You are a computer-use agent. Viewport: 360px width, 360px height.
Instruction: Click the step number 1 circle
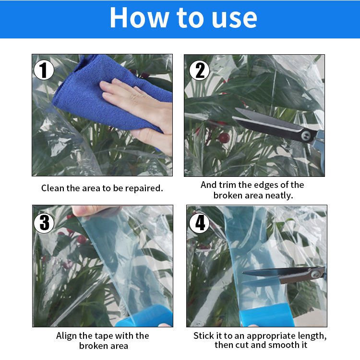point(44,70)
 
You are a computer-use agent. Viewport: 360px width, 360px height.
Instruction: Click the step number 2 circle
point(199,70)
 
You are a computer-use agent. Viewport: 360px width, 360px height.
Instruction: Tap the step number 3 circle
point(44,223)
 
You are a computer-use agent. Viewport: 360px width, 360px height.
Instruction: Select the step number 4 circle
point(199,223)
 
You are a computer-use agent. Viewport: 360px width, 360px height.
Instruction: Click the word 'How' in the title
point(139,18)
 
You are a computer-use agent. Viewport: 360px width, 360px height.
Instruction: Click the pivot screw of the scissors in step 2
point(306,136)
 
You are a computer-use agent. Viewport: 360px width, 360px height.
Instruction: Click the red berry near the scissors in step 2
point(224,137)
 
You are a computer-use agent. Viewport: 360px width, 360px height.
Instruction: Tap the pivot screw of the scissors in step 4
point(315,274)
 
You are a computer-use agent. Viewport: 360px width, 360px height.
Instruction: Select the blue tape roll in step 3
point(144,316)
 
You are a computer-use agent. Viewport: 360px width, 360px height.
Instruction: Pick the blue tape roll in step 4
point(267,315)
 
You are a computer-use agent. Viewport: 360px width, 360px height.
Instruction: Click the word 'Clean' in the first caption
point(53,188)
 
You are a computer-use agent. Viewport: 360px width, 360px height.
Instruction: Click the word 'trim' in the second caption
point(228,185)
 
